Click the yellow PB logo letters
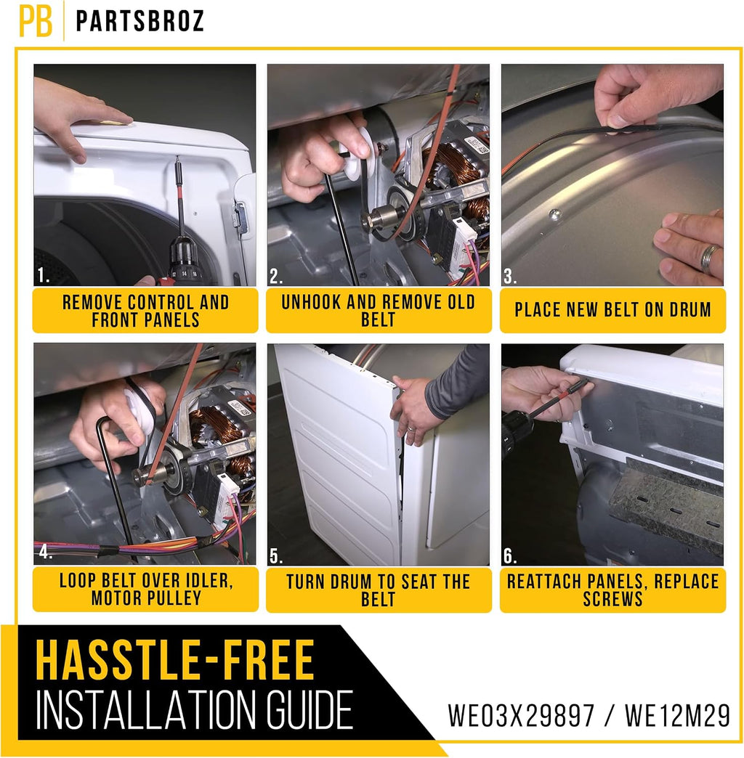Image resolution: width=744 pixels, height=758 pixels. coord(36,21)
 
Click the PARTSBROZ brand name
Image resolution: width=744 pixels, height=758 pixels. coord(140,21)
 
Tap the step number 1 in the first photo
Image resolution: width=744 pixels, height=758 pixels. coord(43,275)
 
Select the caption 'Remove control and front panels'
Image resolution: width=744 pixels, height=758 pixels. coord(145,311)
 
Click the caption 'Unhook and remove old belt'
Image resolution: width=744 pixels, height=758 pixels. coord(379,311)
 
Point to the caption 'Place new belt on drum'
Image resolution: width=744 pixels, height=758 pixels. coord(613,310)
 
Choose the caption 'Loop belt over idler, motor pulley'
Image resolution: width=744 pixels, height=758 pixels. coord(146,590)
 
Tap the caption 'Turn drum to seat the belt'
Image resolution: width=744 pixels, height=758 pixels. coord(379,590)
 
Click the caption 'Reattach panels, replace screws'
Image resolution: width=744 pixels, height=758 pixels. coord(613,590)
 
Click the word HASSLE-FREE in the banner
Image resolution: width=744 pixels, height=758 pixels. coord(175,660)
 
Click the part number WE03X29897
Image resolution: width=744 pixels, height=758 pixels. coord(520,715)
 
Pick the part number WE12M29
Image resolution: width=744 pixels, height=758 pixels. coord(677,715)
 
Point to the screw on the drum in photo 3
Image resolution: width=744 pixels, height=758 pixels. coord(555,213)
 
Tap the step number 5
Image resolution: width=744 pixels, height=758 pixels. coord(276,556)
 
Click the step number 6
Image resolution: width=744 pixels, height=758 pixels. coord(509,556)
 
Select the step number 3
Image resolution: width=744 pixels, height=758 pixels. coord(509,277)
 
